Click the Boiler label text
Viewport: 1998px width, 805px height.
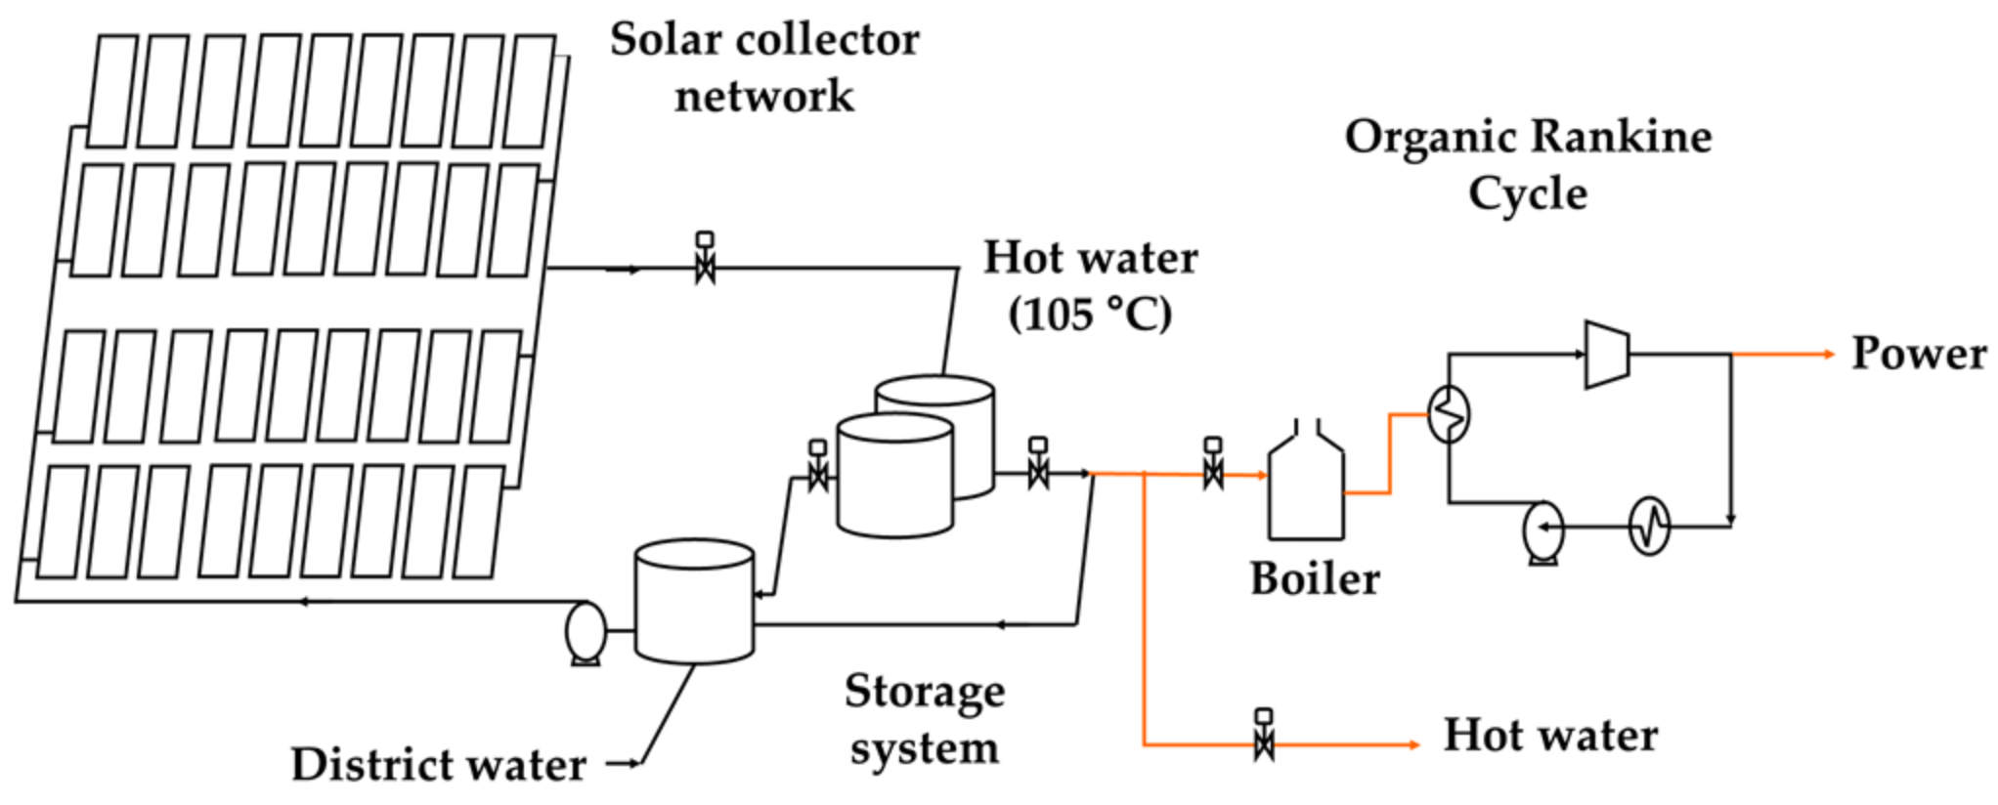pos(1315,578)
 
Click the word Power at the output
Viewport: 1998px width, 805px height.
pos(1918,354)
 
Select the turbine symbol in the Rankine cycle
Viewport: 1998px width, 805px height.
pos(1607,355)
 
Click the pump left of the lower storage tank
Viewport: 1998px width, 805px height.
pos(586,632)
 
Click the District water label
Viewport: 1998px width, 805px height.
pos(439,764)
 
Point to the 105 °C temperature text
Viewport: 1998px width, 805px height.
pos(1090,315)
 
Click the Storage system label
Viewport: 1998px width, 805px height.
pos(924,719)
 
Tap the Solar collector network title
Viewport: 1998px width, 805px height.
pos(764,67)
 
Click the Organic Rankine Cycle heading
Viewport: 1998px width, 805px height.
pos(1528,164)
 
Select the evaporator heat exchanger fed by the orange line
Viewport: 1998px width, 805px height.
pos(1449,415)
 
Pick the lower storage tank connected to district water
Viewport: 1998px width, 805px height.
pos(694,602)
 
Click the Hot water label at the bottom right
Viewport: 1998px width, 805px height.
pos(1550,735)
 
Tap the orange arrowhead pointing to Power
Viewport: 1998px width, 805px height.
pos(1829,354)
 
